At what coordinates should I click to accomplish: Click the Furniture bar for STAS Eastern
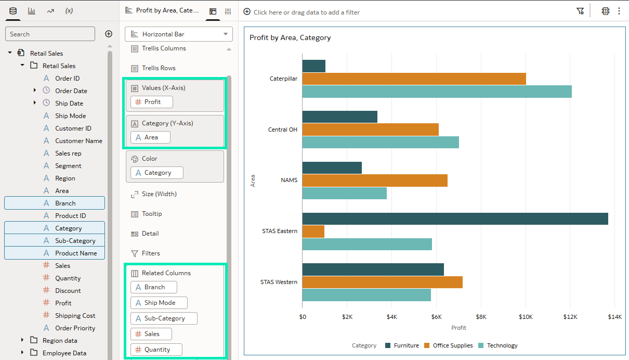(455, 218)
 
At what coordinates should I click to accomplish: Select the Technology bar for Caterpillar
(437, 92)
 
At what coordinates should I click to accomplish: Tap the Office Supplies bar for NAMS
(374, 181)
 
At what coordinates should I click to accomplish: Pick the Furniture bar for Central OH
(339, 117)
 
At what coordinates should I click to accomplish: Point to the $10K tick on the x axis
(526, 316)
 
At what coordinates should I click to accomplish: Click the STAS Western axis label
(279, 282)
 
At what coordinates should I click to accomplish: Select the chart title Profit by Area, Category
(290, 37)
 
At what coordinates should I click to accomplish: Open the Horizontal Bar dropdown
(179, 34)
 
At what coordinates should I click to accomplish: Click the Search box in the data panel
(50, 34)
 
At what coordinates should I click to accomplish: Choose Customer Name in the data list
(78, 141)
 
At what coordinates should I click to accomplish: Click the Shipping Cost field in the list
(75, 316)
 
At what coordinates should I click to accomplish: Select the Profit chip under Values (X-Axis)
(152, 102)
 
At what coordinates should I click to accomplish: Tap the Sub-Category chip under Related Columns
(164, 318)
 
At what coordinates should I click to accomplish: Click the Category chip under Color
(157, 173)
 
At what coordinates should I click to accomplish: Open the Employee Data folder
(64, 353)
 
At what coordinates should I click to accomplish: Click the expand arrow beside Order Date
(35, 91)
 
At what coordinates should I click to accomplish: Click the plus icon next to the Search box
(109, 34)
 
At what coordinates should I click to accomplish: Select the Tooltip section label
(152, 214)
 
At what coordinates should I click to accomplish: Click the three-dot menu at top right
(619, 11)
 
